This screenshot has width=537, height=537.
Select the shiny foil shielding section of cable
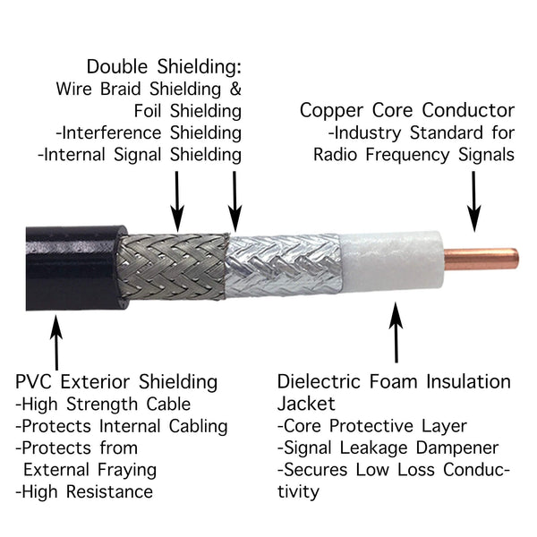[x=282, y=265]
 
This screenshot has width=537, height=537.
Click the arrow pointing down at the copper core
[x=474, y=202]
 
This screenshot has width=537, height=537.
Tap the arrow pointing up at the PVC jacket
[x=56, y=337]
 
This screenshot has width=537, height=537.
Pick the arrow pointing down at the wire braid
[x=177, y=198]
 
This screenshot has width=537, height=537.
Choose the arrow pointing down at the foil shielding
[x=234, y=199]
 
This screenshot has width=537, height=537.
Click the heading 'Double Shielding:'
[x=164, y=67]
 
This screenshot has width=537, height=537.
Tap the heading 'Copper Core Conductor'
[x=407, y=110]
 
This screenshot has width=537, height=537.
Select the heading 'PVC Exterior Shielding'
[x=116, y=382]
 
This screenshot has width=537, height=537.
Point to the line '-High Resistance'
[x=84, y=491]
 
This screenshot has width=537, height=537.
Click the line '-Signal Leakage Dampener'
[x=388, y=447]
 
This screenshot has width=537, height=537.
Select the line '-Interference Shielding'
[x=148, y=132]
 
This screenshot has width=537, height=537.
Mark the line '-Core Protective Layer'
[x=372, y=426]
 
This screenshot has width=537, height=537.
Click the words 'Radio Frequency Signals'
[x=413, y=154]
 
